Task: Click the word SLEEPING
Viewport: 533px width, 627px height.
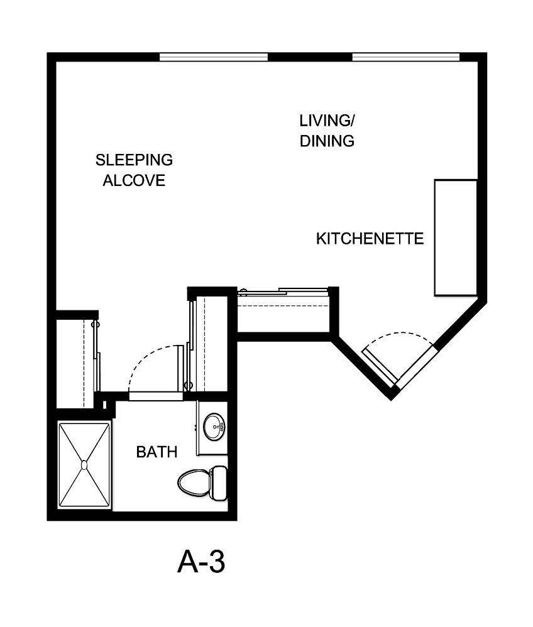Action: [134, 160]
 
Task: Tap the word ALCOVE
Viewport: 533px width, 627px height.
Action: [134, 181]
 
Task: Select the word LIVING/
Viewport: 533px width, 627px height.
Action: [324, 120]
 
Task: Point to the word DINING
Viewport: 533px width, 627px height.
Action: [327, 141]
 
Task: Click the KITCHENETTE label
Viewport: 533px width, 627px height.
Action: [370, 239]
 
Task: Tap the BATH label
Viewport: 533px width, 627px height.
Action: [157, 452]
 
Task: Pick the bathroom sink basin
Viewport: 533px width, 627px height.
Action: [216, 427]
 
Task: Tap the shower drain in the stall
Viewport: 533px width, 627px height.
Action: [84, 465]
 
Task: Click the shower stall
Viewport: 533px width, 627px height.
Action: [84, 465]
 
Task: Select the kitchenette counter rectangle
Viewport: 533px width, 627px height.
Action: [456, 237]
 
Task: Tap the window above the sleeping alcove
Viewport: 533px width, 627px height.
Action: [214, 57]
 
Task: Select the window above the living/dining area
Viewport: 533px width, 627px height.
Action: [406, 57]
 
